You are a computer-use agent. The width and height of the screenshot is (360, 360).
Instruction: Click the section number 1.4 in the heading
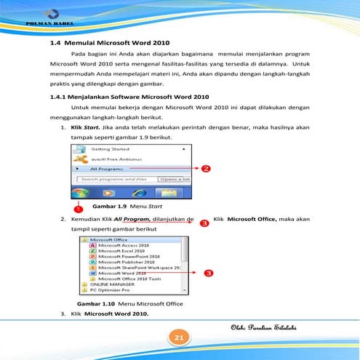tap(51, 43)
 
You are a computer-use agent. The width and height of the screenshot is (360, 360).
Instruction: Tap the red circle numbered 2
tap(206, 169)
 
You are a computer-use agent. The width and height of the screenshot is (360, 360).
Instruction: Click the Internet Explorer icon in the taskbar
tap(110, 194)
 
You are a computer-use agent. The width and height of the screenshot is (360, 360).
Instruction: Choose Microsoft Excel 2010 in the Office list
tap(123, 251)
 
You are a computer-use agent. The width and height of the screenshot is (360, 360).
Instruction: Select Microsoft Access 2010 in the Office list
tap(124, 245)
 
